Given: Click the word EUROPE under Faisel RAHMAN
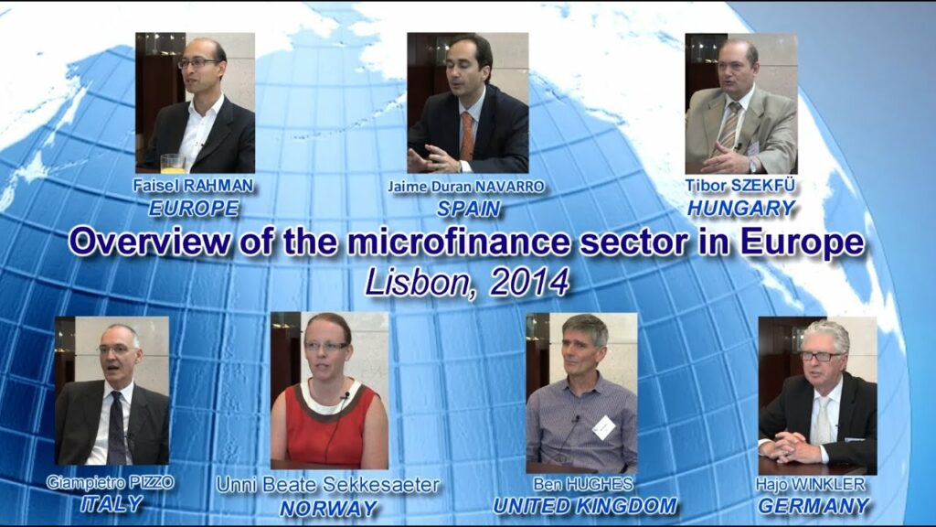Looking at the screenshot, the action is (x=194, y=208).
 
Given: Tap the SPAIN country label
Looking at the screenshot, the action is (x=469, y=209).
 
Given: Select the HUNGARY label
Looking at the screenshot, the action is (x=741, y=208).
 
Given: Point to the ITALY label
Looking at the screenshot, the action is (x=112, y=504).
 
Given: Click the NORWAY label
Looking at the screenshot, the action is (x=329, y=508).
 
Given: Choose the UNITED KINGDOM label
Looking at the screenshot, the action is (x=585, y=506).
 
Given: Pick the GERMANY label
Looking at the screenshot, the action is (x=814, y=505).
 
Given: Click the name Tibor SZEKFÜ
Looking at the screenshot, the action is (x=740, y=185).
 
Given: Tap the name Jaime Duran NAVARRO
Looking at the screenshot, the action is (x=466, y=187).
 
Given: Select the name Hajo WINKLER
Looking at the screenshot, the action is (x=810, y=483).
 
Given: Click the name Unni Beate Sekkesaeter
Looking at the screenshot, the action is (x=328, y=485).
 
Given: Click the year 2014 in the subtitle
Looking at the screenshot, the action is (x=528, y=282).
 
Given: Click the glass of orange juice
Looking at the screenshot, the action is (x=173, y=163).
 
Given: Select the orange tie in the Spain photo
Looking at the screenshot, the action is (x=466, y=136).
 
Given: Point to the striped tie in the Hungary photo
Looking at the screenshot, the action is (x=730, y=124).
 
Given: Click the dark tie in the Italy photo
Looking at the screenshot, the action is (x=117, y=426).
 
